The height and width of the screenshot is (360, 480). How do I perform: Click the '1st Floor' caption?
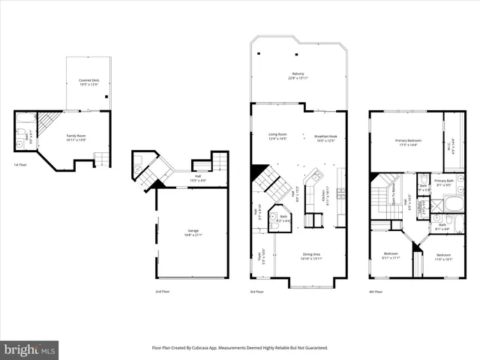[20, 164]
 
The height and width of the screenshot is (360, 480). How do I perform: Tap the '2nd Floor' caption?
[162, 291]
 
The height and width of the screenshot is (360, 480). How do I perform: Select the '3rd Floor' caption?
[256, 291]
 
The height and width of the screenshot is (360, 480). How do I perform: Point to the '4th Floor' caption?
[376, 291]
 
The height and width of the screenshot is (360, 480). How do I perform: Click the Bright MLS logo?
[30, 349]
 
